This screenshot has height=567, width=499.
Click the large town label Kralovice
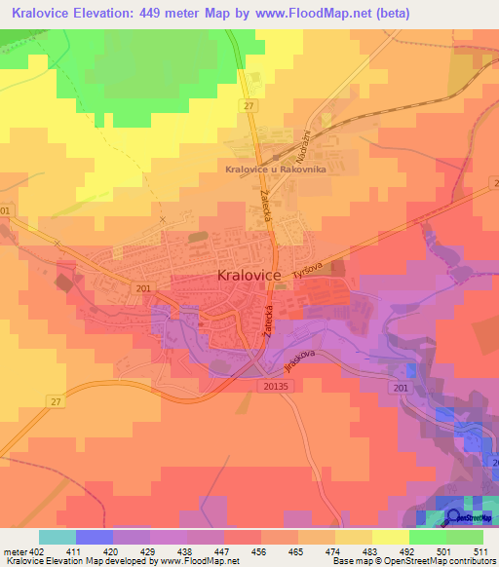pos(247,277)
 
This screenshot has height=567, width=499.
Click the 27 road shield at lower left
pos(55,401)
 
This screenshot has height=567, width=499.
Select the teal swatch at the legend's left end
pos(58,537)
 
